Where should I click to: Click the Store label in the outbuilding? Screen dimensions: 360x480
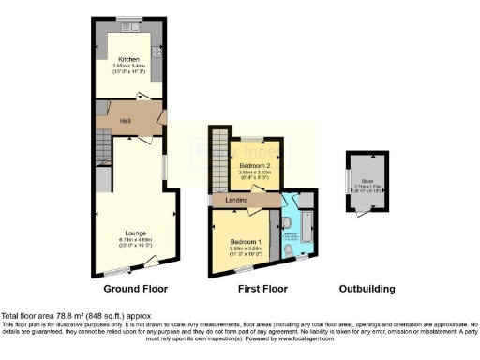[362, 182]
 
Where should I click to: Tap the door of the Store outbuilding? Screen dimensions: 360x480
[358, 215]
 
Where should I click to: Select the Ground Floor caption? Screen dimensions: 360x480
[129, 289]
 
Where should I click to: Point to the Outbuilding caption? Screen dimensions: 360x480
[367, 289]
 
